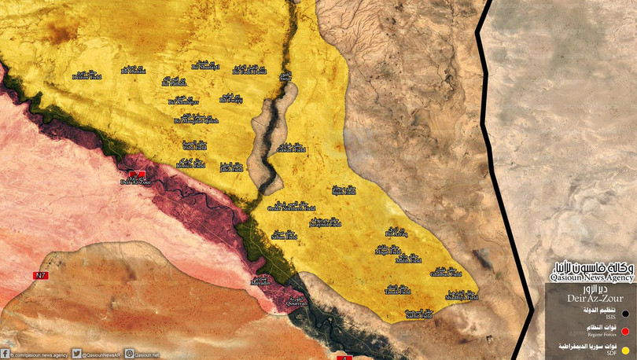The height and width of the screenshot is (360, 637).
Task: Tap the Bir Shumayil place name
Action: click(205, 66)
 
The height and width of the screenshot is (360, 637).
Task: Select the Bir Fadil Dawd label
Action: click(251, 71)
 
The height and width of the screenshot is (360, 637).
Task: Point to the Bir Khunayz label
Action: click(183, 102)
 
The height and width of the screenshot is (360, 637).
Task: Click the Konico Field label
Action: click(190, 165)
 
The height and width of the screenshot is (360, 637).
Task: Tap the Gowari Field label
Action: click(291, 148)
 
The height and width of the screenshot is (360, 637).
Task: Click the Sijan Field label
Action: click(344, 190)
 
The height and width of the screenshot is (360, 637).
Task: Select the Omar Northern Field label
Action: click(292, 208)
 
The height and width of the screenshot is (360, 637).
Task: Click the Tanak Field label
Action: click(398, 291)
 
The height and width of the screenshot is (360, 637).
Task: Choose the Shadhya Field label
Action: click(461, 297)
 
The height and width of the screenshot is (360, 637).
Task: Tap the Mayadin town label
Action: click(260, 281)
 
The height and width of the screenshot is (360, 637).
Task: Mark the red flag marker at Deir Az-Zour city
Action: click(137, 174)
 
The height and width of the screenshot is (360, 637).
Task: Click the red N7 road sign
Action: click(40, 275)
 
